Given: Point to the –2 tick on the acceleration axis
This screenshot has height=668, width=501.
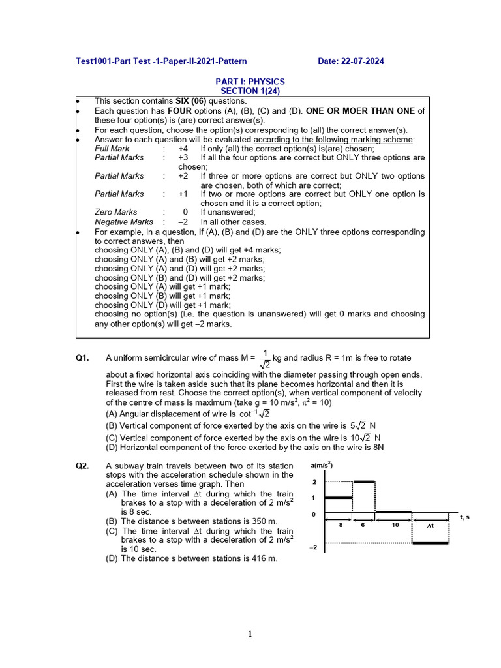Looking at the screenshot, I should coord(313,547).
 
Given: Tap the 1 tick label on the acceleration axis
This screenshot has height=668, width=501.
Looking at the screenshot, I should coord(314,498).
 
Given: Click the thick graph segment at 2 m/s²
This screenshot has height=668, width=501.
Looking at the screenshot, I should coord(364,481).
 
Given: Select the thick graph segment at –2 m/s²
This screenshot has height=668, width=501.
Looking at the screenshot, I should coord(431,543).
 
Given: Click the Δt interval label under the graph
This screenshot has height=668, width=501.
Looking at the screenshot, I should coord(431,525).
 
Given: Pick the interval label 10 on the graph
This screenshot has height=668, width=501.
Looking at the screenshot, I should coord(395,524).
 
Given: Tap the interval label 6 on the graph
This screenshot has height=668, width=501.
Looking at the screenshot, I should coord(363,524).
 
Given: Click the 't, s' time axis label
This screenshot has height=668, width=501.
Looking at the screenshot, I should coord(465,517).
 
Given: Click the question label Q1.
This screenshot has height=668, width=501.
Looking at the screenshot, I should coord(83,357).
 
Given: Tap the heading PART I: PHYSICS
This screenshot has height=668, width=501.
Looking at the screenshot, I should coord(250,82).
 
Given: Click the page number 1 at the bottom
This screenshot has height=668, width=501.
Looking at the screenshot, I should coord(250,634).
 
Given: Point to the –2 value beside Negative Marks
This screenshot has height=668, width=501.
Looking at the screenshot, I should coord(183,222).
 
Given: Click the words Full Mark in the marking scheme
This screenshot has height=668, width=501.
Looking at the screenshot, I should coord(112,149).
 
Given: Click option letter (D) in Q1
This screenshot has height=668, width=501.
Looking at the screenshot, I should coord(113,448).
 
